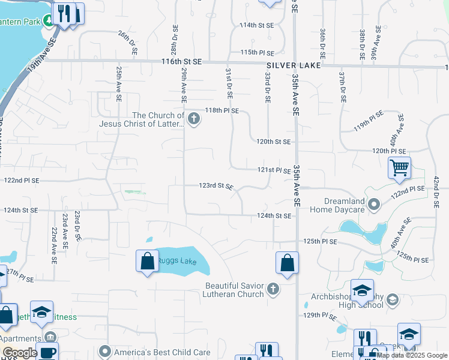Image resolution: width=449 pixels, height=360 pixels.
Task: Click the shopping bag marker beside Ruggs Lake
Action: coord(148,262)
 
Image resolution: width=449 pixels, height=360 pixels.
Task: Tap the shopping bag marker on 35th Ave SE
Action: coord(288,263)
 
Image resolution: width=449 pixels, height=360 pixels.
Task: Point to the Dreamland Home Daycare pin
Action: coord(374,205)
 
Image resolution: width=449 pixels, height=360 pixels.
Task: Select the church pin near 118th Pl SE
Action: coord(193,119)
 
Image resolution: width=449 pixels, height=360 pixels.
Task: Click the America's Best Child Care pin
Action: coord(105,352)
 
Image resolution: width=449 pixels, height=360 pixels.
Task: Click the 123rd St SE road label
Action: coord(216,186)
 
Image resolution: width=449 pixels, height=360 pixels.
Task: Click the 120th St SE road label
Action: coord(274,142)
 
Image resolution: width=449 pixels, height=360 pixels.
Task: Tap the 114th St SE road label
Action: coord(256,26)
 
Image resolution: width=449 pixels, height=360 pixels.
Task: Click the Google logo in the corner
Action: coord(19,353)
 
